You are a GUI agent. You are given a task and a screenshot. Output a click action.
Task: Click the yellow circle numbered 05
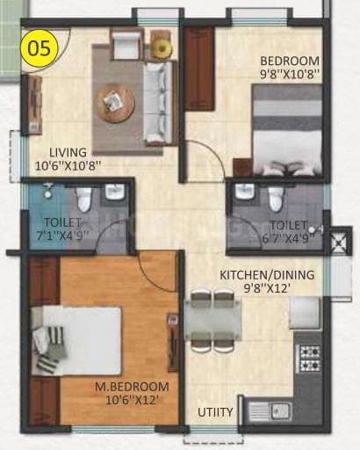pyautogui.click(x=40, y=46)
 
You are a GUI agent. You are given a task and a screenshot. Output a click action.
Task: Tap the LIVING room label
pyautogui.click(x=68, y=151)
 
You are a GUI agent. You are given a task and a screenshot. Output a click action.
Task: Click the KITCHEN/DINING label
pyautogui.click(x=266, y=274)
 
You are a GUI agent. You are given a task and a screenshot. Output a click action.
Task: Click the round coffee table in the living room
pyautogui.click(x=115, y=104)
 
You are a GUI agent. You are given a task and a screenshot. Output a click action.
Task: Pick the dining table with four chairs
pyautogui.click(x=212, y=321)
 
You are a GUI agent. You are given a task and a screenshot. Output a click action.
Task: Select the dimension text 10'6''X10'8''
pyautogui.click(x=68, y=164)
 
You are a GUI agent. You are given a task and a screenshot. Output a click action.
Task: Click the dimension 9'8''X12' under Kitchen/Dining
pyautogui.click(x=266, y=287)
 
